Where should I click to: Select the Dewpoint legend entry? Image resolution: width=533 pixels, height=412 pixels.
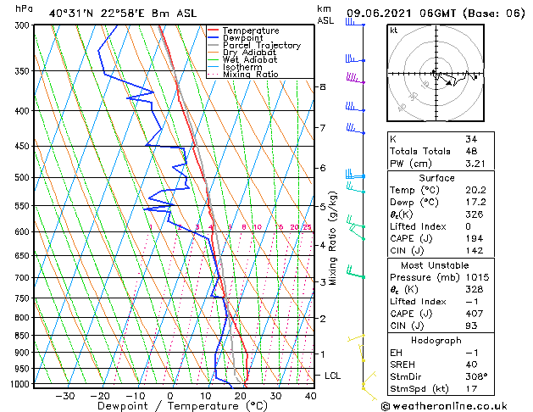point(247,38)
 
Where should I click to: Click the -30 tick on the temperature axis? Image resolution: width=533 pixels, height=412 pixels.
point(64,396)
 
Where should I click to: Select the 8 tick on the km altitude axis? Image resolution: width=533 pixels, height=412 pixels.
point(322,87)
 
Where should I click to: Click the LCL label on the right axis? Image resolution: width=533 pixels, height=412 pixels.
point(333,375)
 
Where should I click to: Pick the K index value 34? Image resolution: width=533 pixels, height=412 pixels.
point(471,139)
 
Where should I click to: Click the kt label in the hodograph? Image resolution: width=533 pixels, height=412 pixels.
point(393,30)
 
